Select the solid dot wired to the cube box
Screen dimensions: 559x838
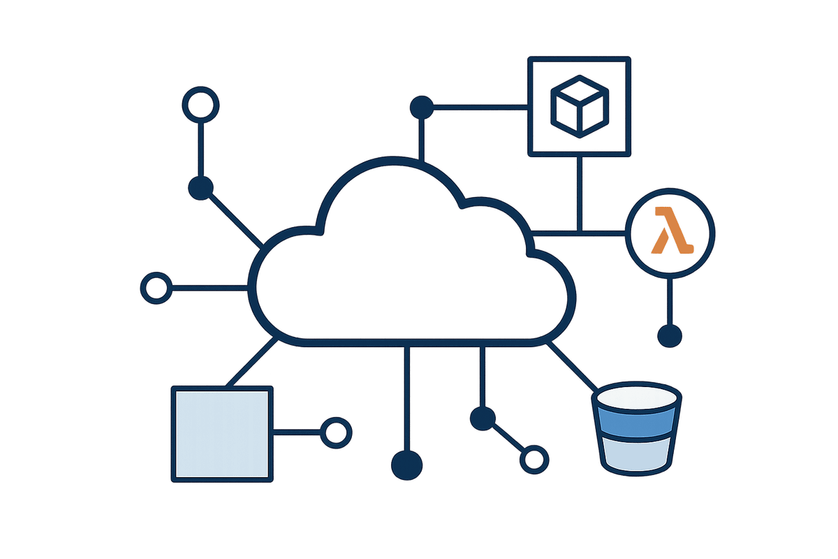(421, 107)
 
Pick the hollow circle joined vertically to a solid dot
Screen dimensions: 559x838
(201, 104)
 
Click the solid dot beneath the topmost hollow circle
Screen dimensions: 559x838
(201, 188)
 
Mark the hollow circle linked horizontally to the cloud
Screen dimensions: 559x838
(156, 287)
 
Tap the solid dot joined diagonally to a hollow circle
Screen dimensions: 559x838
(483, 419)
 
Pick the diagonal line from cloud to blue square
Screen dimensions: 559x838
(250, 362)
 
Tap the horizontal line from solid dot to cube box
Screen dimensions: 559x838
(482, 107)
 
